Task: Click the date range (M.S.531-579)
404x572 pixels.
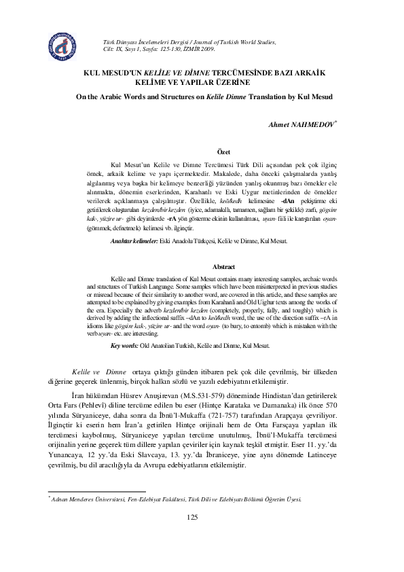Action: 227,394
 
